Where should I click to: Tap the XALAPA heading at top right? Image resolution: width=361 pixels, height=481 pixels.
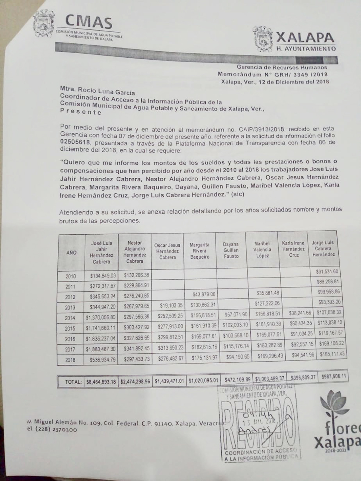click(x=305, y=37)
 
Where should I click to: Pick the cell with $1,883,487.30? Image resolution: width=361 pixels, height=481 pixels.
click(x=101, y=351)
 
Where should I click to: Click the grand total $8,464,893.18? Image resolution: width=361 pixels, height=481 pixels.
click(x=101, y=381)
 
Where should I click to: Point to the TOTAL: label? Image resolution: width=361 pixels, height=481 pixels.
click(x=73, y=382)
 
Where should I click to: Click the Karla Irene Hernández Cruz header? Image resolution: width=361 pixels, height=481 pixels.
click(x=293, y=249)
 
